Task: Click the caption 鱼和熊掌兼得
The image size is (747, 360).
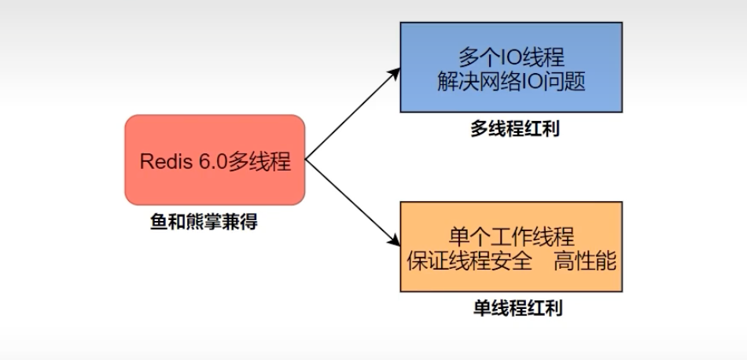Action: coord(204,222)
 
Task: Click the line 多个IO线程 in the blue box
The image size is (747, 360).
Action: coord(511,57)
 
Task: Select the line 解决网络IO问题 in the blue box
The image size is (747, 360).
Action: coord(511,81)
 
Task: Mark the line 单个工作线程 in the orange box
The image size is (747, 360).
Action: coord(511,236)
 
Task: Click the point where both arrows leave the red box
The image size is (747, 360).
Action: coord(305,160)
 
